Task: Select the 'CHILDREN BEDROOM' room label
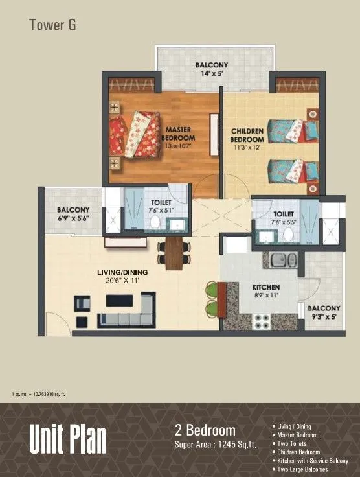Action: click(x=247, y=135)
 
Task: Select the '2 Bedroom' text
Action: click(x=205, y=430)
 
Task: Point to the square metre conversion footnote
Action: click(x=38, y=394)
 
